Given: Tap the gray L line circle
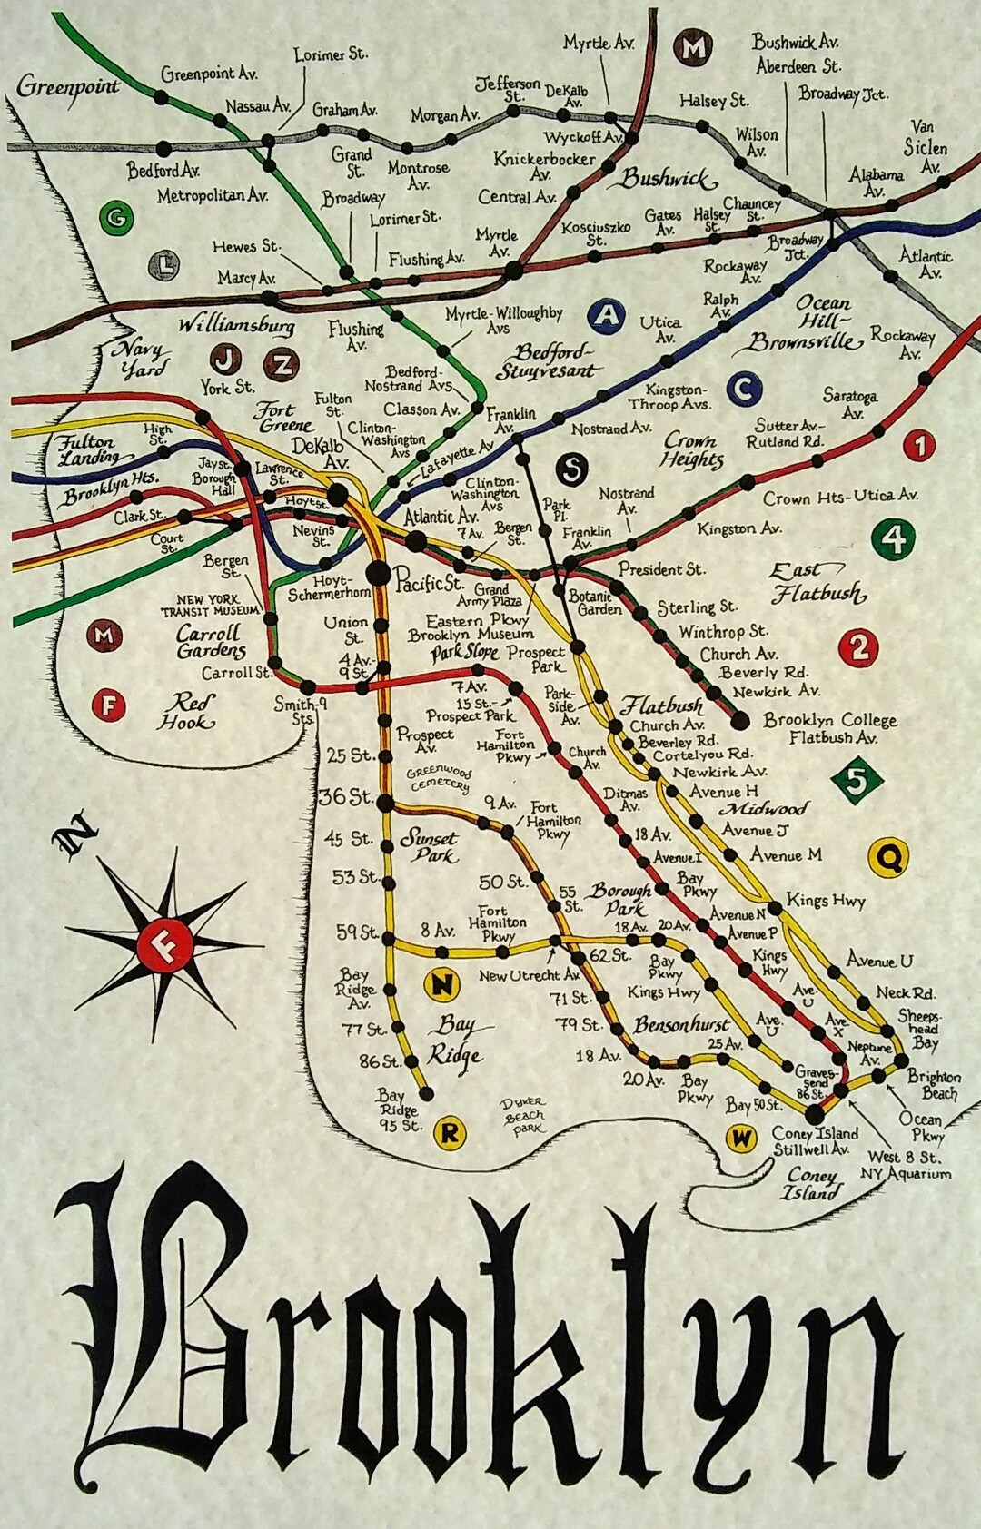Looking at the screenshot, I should tap(163, 266).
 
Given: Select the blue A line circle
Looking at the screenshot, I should tap(606, 315).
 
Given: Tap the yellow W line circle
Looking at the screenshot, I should tap(742, 1139).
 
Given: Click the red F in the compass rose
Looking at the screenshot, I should tap(165, 947).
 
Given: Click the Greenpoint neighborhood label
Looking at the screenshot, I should tap(68, 87).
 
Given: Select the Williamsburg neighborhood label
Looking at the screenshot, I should tap(236, 325).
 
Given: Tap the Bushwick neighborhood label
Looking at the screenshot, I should tap(669, 179).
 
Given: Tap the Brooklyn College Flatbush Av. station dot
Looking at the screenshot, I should tap(740, 721).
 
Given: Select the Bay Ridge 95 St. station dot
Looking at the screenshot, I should tap(425, 1093).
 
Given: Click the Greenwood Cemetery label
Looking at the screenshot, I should tap(439, 778).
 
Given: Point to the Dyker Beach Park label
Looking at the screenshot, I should tap(524, 1116).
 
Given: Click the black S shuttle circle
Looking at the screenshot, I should tap(571, 469).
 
